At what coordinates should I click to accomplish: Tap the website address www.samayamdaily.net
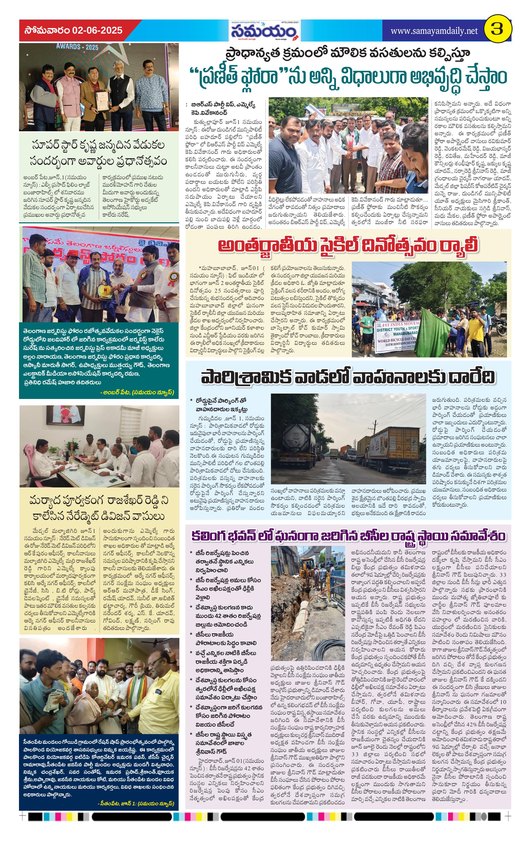point(434,31)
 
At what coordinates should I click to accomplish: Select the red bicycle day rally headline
point(348,246)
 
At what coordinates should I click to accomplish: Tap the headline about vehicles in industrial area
point(348,377)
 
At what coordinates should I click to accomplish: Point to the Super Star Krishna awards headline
point(98,152)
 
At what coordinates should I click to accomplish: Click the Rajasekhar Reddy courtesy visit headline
point(98,508)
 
